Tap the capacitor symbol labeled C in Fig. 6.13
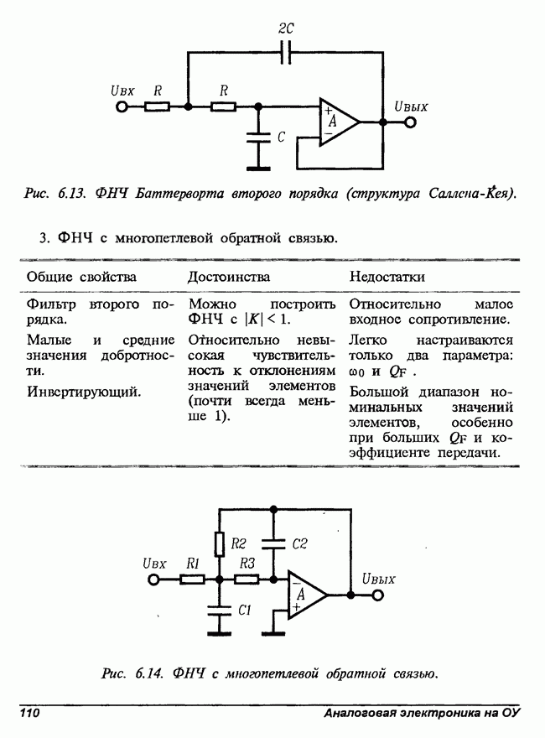[x=259, y=138]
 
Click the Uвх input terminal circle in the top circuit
[x=122, y=107]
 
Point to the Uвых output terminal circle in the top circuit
[x=410, y=122]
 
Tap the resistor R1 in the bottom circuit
[x=191, y=579]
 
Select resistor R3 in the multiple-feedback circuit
[x=246, y=579]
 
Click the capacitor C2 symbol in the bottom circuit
[x=274, y=543]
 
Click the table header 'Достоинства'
[x=228, y=277]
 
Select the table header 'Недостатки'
[x=387, y=277]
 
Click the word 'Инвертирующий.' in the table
[x=84, y=391]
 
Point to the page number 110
[x=30, y=713]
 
